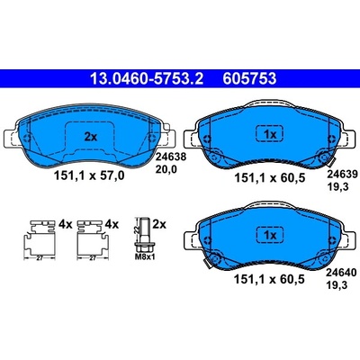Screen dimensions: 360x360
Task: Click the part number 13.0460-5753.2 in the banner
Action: [147, 79]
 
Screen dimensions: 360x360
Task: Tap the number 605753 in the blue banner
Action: [249, 79]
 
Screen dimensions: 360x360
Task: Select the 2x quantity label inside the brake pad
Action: [91, 137]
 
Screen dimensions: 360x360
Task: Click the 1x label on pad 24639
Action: [270, 135]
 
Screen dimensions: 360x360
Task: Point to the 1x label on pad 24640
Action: [270, 236]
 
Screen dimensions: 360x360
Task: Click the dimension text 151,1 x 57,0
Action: [89, 175]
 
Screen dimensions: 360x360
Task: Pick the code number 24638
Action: [171, 157]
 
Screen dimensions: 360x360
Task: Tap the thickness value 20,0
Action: [166, 170]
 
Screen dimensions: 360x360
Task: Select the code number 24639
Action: [342, 174]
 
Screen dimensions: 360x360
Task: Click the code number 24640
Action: [342, 273]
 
